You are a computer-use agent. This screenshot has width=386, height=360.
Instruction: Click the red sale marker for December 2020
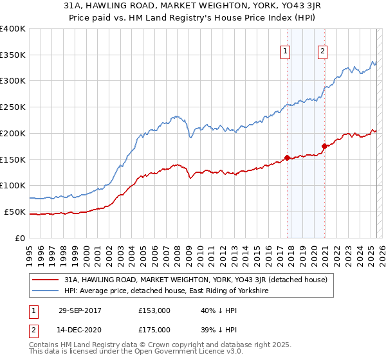[x=324, y=146]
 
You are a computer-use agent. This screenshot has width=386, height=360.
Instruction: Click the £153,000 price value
[x=154, y=310]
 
